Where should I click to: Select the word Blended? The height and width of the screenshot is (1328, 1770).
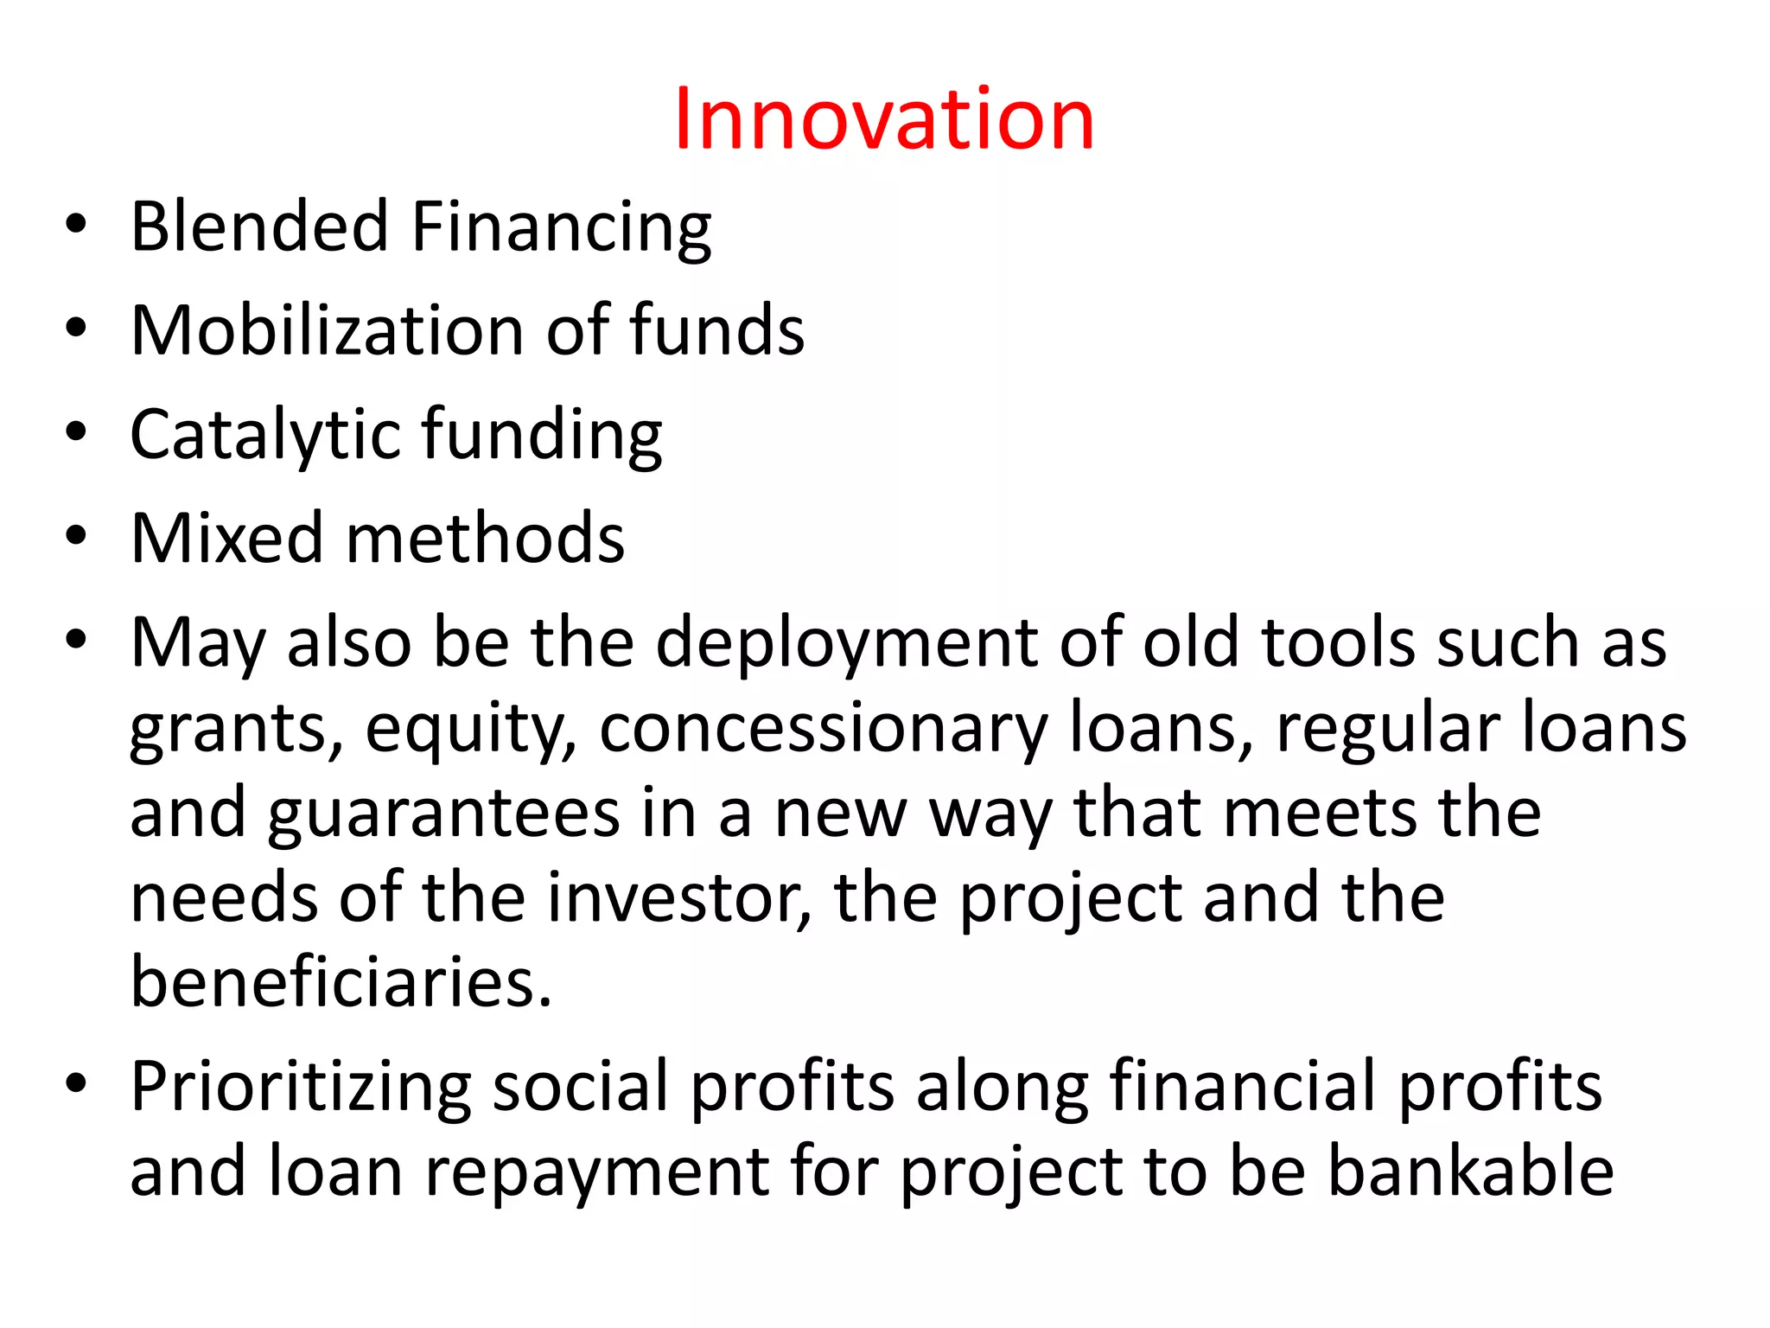(259, 227)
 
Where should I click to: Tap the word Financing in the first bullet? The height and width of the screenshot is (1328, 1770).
(561, 228)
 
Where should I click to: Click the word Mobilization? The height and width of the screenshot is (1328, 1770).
(327, 330)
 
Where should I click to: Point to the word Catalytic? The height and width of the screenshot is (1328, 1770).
(264, 435)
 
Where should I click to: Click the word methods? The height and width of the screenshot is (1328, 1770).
(485, 539)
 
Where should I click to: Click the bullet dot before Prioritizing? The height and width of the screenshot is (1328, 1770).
(76, 1082)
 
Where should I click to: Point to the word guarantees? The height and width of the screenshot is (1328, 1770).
(443, 814)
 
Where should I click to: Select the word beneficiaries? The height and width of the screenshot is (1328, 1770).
(341, 983)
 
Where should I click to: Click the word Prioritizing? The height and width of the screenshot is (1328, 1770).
(301, 1087)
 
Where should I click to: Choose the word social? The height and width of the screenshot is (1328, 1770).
(581, 1087)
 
